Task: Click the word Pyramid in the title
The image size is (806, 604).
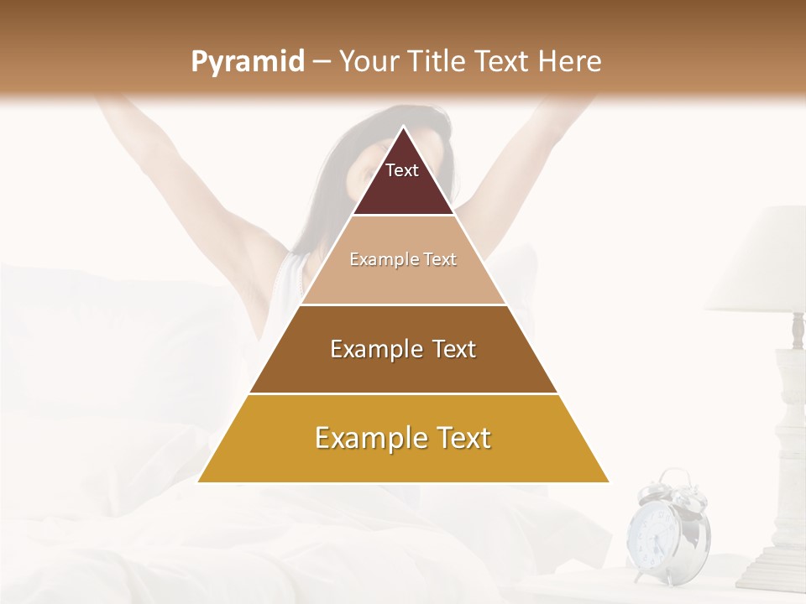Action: point(247,62)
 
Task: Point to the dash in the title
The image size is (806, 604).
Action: point(321,62)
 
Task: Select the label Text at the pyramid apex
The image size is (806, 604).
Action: point(402,170)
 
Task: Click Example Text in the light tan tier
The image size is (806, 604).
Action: point(403,259)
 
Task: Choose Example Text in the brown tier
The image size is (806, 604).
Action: point(403,349)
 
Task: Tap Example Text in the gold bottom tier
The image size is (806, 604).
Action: point(403,438)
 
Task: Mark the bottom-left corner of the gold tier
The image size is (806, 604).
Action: point(199,482)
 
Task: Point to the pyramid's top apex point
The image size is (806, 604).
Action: point(403,128)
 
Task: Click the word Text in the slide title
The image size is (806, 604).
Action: point(502,62)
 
